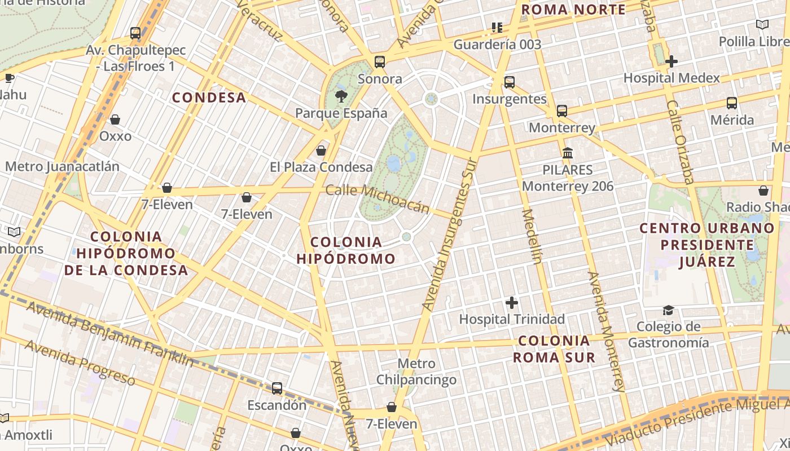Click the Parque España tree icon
(341, 96)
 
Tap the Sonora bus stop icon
(380, 61)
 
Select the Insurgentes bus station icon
(510, 82)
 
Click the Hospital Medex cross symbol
(671, 61)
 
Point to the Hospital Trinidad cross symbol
(512, 303)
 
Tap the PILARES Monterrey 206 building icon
(568, 153)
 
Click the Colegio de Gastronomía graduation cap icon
(669, 310)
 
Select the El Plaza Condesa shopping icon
(321, 151)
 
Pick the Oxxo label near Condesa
(115, 136)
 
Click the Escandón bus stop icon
(276, 388)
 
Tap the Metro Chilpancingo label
(416, 372)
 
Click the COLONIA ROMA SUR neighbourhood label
(554, 349)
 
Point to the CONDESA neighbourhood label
(209, 98)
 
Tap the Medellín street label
(532, 236)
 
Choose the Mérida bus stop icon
(732, 103)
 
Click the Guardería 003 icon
(497, 27)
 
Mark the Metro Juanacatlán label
(62, 166)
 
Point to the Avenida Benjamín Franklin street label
(110, 334)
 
